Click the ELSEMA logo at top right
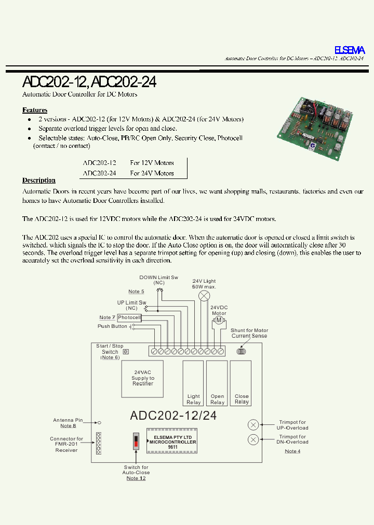tap(349, 50)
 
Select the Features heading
tap(35, 110)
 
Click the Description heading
tap(39, 181)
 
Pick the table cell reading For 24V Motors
tap(152, 173)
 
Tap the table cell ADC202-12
tap(99, 163)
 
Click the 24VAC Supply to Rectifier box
tap(143, 378)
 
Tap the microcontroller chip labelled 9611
tap(172, 441)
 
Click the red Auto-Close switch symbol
tap(136, 441)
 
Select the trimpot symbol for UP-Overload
tap(253, 425)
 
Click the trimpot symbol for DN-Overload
tap(253, 439)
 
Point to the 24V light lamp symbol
tap(204, 296)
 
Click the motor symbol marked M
tap(219, 321)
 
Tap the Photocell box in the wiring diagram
tap(129, 317)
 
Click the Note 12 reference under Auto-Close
tap(136, 478)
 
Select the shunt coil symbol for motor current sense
tap(242, 351)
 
